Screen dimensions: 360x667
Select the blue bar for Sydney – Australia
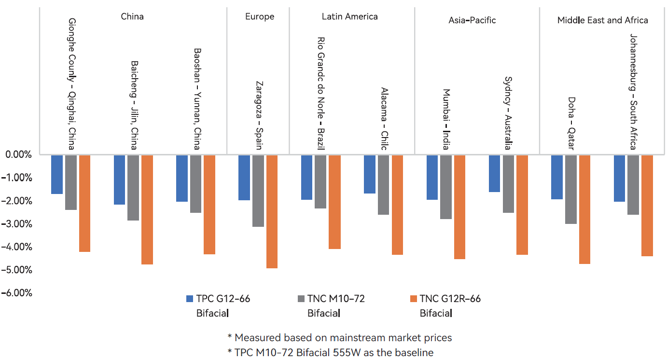(494, 173)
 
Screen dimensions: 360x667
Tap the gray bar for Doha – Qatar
(571, 189)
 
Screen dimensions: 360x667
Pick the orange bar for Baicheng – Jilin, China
(147, 209)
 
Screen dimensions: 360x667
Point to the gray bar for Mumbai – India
(446, 187)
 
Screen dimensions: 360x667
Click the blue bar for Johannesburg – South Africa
(619, 178)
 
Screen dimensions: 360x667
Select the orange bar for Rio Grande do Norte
(334, 202)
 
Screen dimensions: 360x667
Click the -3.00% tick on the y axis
(18, 224)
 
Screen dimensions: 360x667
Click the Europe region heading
(260, 17)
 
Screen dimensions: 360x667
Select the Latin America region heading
(350, 17)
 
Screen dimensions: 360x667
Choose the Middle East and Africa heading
(602, 20)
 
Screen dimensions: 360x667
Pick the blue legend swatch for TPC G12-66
(190, 299)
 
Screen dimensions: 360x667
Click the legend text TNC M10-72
(336, 299)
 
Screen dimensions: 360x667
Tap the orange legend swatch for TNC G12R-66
(413, 299)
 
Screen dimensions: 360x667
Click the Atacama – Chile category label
(384, 119)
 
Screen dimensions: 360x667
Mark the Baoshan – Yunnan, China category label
(196, 99)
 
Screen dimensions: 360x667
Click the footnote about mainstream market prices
(339, 337)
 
